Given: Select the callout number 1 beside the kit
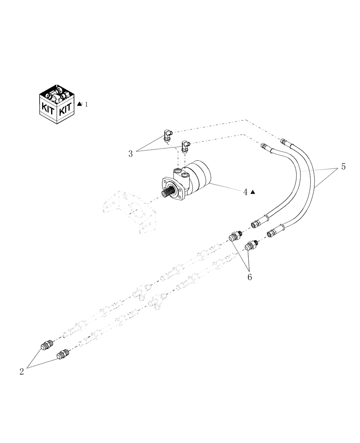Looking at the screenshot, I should point(86,104).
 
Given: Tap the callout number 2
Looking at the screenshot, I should point(21,372).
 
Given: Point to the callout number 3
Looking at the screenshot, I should point(131,154).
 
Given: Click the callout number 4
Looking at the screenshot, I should point(245,192).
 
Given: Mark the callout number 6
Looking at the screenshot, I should point(250,276).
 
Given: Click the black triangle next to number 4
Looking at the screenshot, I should point(252,192).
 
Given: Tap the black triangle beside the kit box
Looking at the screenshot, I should point(79,104).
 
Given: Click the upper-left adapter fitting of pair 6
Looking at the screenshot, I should point(235,237).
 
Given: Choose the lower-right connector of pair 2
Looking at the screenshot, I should point(63,354).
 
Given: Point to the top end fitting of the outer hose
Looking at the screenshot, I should point(284,141).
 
